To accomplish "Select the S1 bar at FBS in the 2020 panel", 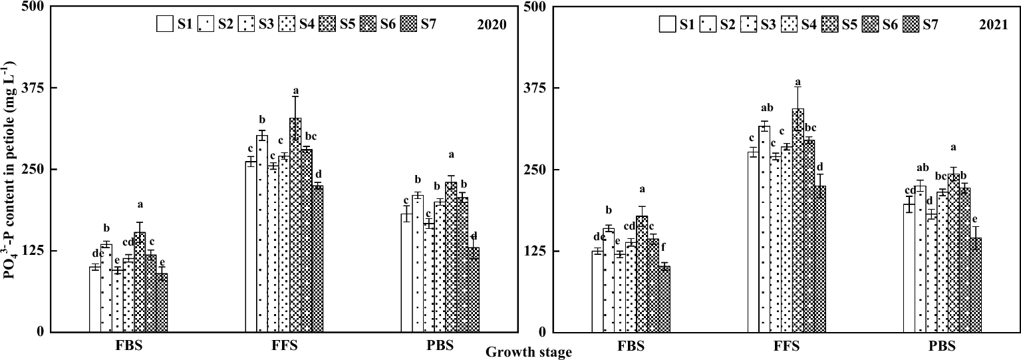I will (x=95, y=299).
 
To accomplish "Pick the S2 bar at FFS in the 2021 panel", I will (x=764, y=229).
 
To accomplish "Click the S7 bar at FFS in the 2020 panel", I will (x=317, y=259).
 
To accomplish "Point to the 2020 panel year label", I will (x=492, y=25).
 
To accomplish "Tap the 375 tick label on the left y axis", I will (x=31, y=88).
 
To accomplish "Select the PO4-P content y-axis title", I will (x=10, y=169).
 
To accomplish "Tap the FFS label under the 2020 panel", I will (x=284, y=347).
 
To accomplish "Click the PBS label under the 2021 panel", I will (x=941, y=347).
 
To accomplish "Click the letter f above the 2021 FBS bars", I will (x=663, y=247).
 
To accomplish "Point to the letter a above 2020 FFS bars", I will (x=295, y=91).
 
